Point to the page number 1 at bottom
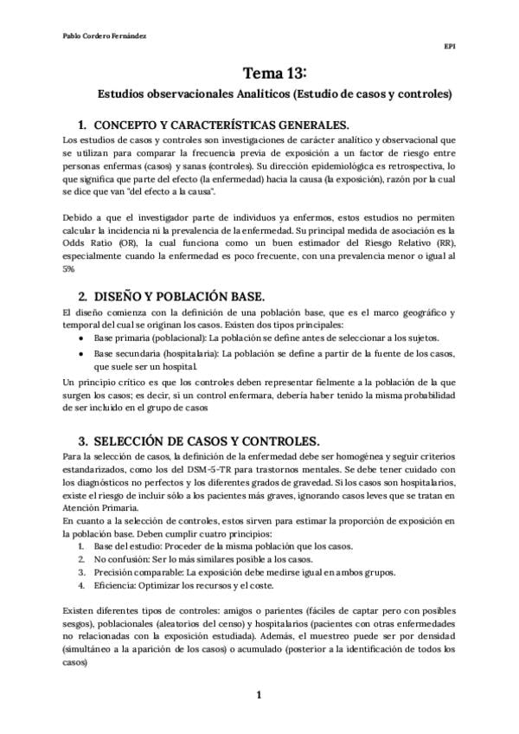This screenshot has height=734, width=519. click(259, 695)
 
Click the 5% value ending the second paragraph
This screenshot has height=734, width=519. click(69, 269)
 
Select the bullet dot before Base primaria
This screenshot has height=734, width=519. click(80, 338)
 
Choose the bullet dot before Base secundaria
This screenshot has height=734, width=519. click(80, 354)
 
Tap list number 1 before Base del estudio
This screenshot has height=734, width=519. click(81, 547)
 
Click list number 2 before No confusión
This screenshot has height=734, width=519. click(81, 560)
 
